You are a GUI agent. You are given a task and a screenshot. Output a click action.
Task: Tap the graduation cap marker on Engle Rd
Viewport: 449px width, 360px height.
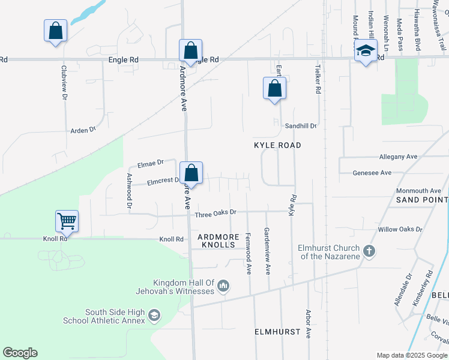coord(365,51)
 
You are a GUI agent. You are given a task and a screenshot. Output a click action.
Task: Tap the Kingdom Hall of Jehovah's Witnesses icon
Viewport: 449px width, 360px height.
coord(223,286)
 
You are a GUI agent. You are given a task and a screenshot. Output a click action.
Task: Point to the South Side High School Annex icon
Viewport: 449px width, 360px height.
coord(154,316)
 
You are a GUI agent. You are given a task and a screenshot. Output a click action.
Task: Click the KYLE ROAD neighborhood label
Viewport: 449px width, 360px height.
coord(277,145)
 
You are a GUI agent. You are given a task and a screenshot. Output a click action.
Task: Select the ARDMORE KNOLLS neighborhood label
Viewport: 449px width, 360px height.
coord(218,241)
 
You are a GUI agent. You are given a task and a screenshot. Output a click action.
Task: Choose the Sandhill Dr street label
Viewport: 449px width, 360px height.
coord(301,126)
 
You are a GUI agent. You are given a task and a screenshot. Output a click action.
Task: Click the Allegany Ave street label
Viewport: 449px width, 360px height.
coord(398,157)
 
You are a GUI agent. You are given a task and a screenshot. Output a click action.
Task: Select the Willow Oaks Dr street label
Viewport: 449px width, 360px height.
coord(400,230)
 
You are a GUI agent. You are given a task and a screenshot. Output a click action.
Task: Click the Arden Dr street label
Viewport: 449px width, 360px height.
coord(83,130)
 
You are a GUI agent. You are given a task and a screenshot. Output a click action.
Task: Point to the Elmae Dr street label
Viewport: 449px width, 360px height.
coord(151,163)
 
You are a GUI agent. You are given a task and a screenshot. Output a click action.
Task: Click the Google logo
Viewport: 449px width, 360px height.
coord(20,353)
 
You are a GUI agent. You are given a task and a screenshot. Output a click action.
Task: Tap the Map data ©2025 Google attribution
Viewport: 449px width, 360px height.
coord(411,355)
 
